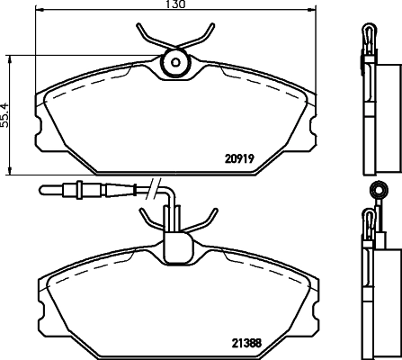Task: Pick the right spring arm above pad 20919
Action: (x=201, y=34)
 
